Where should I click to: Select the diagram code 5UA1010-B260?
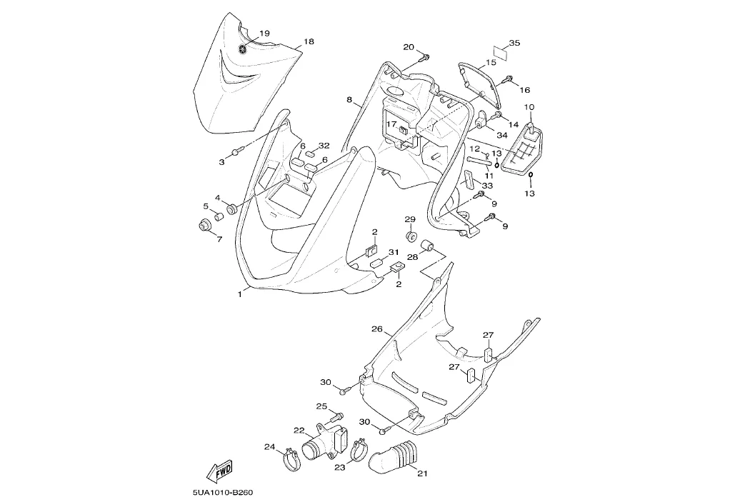(x=223, y=493)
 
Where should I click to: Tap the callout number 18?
(x=309, y=42)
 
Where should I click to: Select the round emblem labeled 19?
(x=244, y=49)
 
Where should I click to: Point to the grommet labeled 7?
(x=204, y=226)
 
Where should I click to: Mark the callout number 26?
(x=376, y=329)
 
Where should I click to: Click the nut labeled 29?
(x=411, y=236)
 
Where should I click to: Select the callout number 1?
(x=240, y=293)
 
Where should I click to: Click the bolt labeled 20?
(x=425, y=56)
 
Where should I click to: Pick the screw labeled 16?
(x=509, y=79)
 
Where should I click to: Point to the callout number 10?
(x=529, y=107)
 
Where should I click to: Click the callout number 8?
(x=349, y=101)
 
